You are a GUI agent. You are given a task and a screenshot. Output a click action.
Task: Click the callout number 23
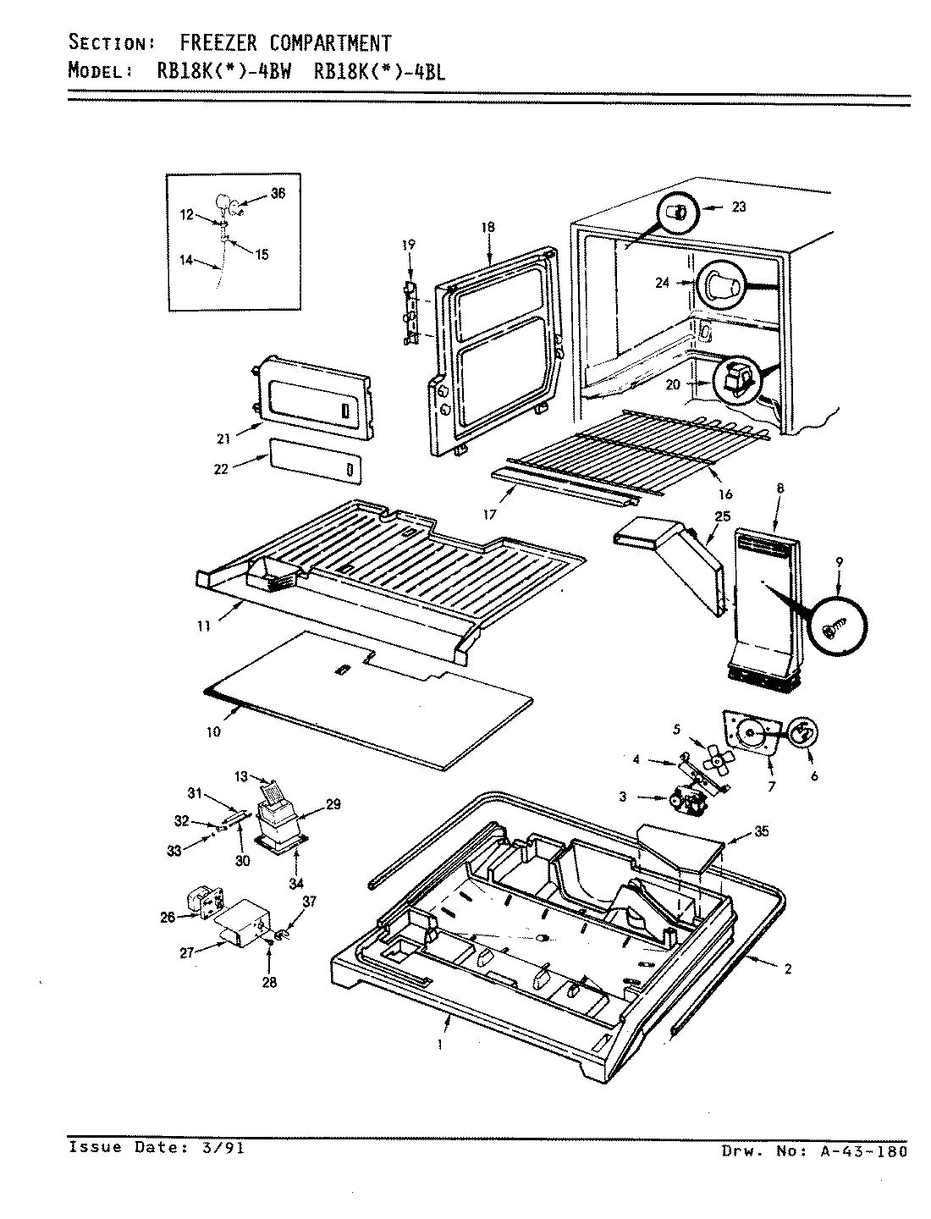coord(739,207)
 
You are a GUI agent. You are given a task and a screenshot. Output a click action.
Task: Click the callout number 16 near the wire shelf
coord(724,494)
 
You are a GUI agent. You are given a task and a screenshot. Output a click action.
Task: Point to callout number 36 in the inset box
coord(278,193)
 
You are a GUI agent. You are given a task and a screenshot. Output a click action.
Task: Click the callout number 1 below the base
coord(439,1045)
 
